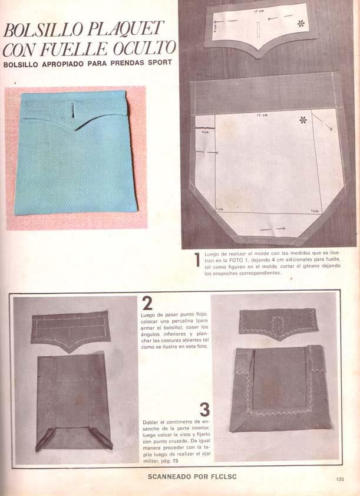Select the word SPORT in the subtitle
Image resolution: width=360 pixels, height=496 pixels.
tap(160, 63)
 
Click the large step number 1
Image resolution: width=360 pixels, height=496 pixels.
tap(197, 260)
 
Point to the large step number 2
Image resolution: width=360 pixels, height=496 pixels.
tap(147, 303)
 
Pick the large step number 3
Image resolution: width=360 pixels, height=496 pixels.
tap(205, 409)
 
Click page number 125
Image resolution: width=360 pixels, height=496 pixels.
tap(340, 479)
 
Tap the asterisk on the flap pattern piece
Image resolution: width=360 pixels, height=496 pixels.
tap(301, 23)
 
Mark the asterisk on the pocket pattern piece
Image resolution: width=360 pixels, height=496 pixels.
tap(303, 120)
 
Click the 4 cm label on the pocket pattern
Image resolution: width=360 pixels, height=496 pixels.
tap(205, 132)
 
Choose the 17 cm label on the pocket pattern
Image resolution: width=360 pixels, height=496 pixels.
tap(262, 115)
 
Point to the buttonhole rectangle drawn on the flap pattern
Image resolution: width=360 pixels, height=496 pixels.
tap(258, 29)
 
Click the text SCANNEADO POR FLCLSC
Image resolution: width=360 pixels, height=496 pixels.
tap(192, 477)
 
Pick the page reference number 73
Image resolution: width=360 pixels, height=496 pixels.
tap(175, 461)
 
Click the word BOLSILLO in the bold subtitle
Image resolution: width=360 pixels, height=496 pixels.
tap(21, 64)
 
